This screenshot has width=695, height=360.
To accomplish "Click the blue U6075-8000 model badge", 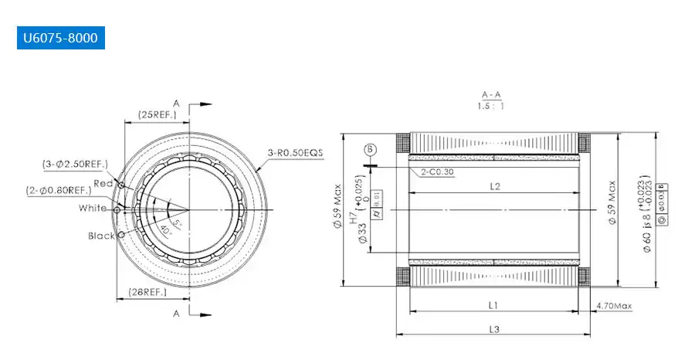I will (59, 38).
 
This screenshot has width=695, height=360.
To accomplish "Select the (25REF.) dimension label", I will (157, 114).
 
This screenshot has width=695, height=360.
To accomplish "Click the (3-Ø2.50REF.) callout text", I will (76, 165).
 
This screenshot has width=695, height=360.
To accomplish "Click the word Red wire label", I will (103, 182).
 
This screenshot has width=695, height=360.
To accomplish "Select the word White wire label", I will (93, 208).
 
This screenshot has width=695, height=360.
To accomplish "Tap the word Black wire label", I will (101, 236).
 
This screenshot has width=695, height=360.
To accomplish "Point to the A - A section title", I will (490, 94).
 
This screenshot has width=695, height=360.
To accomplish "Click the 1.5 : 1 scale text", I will (490, 106).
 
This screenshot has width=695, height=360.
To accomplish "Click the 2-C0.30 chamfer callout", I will (437, 172).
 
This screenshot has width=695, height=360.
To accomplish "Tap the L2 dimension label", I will (495, 186).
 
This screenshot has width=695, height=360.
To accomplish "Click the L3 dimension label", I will (494, 329).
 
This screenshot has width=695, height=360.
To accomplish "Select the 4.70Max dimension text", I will (614, 306).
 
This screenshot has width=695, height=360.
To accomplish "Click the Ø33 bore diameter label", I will (361, 236).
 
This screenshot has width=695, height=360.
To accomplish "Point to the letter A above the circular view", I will (176, 103).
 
